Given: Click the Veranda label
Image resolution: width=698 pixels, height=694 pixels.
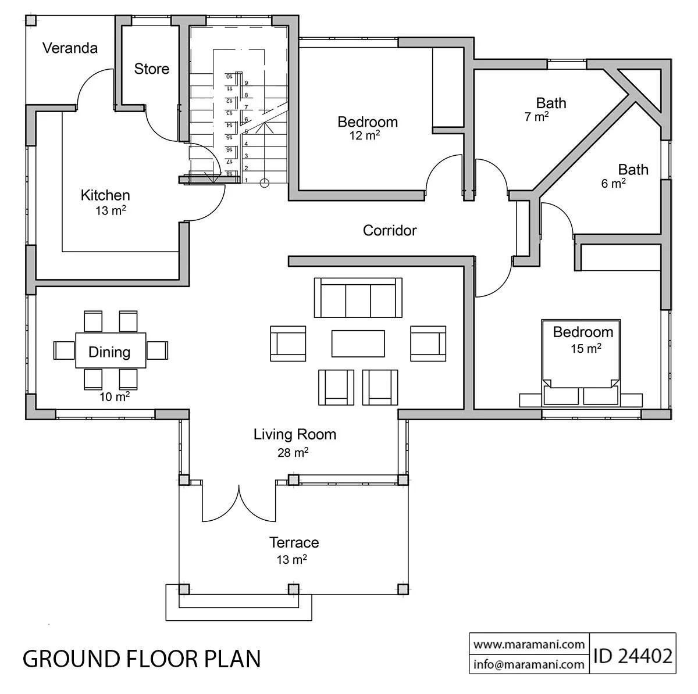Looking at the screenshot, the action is tap(70, 48).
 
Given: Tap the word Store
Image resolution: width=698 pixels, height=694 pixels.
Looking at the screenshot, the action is tap(152, 69).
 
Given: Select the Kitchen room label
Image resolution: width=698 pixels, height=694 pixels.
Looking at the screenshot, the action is tap(105, 195).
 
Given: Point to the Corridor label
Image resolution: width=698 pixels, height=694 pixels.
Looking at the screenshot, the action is tap(390, 230).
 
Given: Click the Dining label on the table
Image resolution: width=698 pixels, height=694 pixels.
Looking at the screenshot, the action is tap(109, 352).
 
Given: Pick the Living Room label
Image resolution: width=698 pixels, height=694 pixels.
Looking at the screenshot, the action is tap(295, 434).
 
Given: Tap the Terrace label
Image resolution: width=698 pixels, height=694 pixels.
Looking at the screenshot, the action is tap(294, 543).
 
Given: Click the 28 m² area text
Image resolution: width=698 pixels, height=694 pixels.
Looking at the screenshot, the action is tap(293, 452).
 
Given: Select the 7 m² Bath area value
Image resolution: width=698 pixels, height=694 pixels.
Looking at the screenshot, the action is tap(536, 116).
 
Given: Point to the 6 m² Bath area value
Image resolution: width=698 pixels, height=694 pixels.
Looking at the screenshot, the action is tap(613, 183).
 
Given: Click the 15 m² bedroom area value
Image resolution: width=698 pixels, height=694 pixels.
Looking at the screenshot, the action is tap(586, 348).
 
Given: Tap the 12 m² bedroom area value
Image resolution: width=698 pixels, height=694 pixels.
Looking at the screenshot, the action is tap(365, 135).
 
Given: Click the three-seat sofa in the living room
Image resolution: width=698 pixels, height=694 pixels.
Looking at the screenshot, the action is tap(358, 298).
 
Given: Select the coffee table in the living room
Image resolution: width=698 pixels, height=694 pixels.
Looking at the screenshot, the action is tap(358, 344).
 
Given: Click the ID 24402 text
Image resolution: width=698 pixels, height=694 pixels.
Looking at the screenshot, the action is tap(632, 656).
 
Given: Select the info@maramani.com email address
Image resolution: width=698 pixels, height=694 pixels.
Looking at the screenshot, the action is tap(529, 664).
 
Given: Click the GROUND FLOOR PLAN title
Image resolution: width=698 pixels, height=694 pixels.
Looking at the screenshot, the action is tap(141, 659).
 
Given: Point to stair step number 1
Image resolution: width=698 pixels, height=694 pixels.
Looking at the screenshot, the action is tap(247, 180).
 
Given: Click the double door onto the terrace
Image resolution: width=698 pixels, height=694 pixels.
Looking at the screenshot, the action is tap(238, 503).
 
